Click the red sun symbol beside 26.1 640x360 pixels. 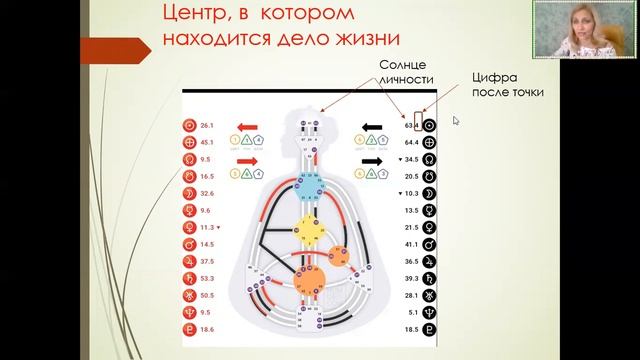coord(189,126)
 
